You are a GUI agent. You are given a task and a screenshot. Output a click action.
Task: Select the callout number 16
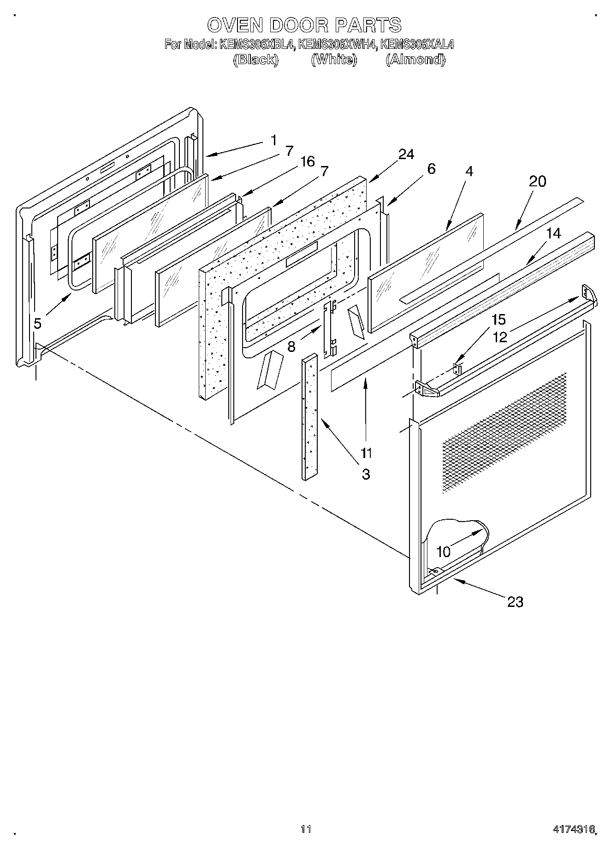[308, 161]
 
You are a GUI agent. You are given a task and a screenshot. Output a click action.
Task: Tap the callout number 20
[537, 181]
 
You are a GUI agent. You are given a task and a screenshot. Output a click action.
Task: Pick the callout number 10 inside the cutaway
[443, 552]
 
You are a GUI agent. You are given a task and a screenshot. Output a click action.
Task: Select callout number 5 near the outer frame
[37, 324]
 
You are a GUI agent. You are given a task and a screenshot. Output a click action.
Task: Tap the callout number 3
[366, 474]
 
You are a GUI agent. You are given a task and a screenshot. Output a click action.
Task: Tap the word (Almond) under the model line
[415, 60]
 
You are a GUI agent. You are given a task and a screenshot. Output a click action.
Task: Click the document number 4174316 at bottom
[574, 829]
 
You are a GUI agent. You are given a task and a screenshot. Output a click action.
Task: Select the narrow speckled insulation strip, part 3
[310, 417]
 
